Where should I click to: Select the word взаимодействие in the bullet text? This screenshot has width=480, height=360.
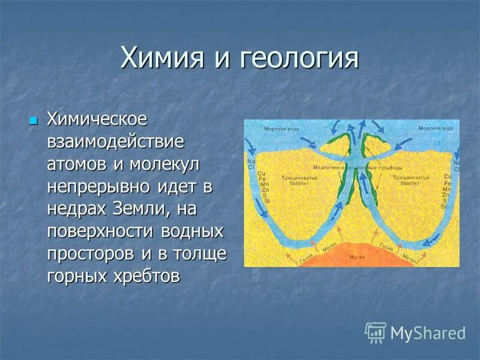click(x=115, y=142)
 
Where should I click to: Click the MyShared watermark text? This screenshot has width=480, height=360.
click(x=428, y=333)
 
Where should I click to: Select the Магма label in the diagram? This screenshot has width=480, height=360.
click(x=354, y=256)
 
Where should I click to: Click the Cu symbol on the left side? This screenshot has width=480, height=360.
click(x=261, y=175)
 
